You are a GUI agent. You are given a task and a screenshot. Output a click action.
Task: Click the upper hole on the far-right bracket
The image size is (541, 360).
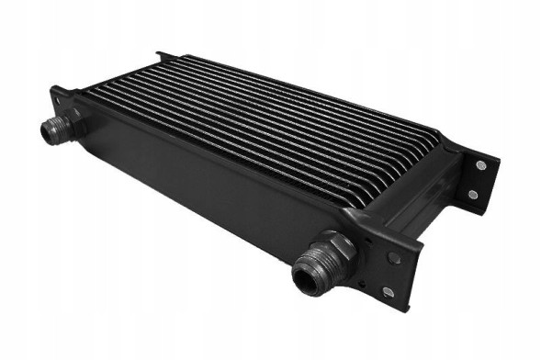pyautogui.click(x=479, y=165)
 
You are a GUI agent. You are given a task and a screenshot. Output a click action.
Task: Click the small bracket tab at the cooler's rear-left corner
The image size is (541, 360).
pyautogui.click(x=162, y=56)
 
